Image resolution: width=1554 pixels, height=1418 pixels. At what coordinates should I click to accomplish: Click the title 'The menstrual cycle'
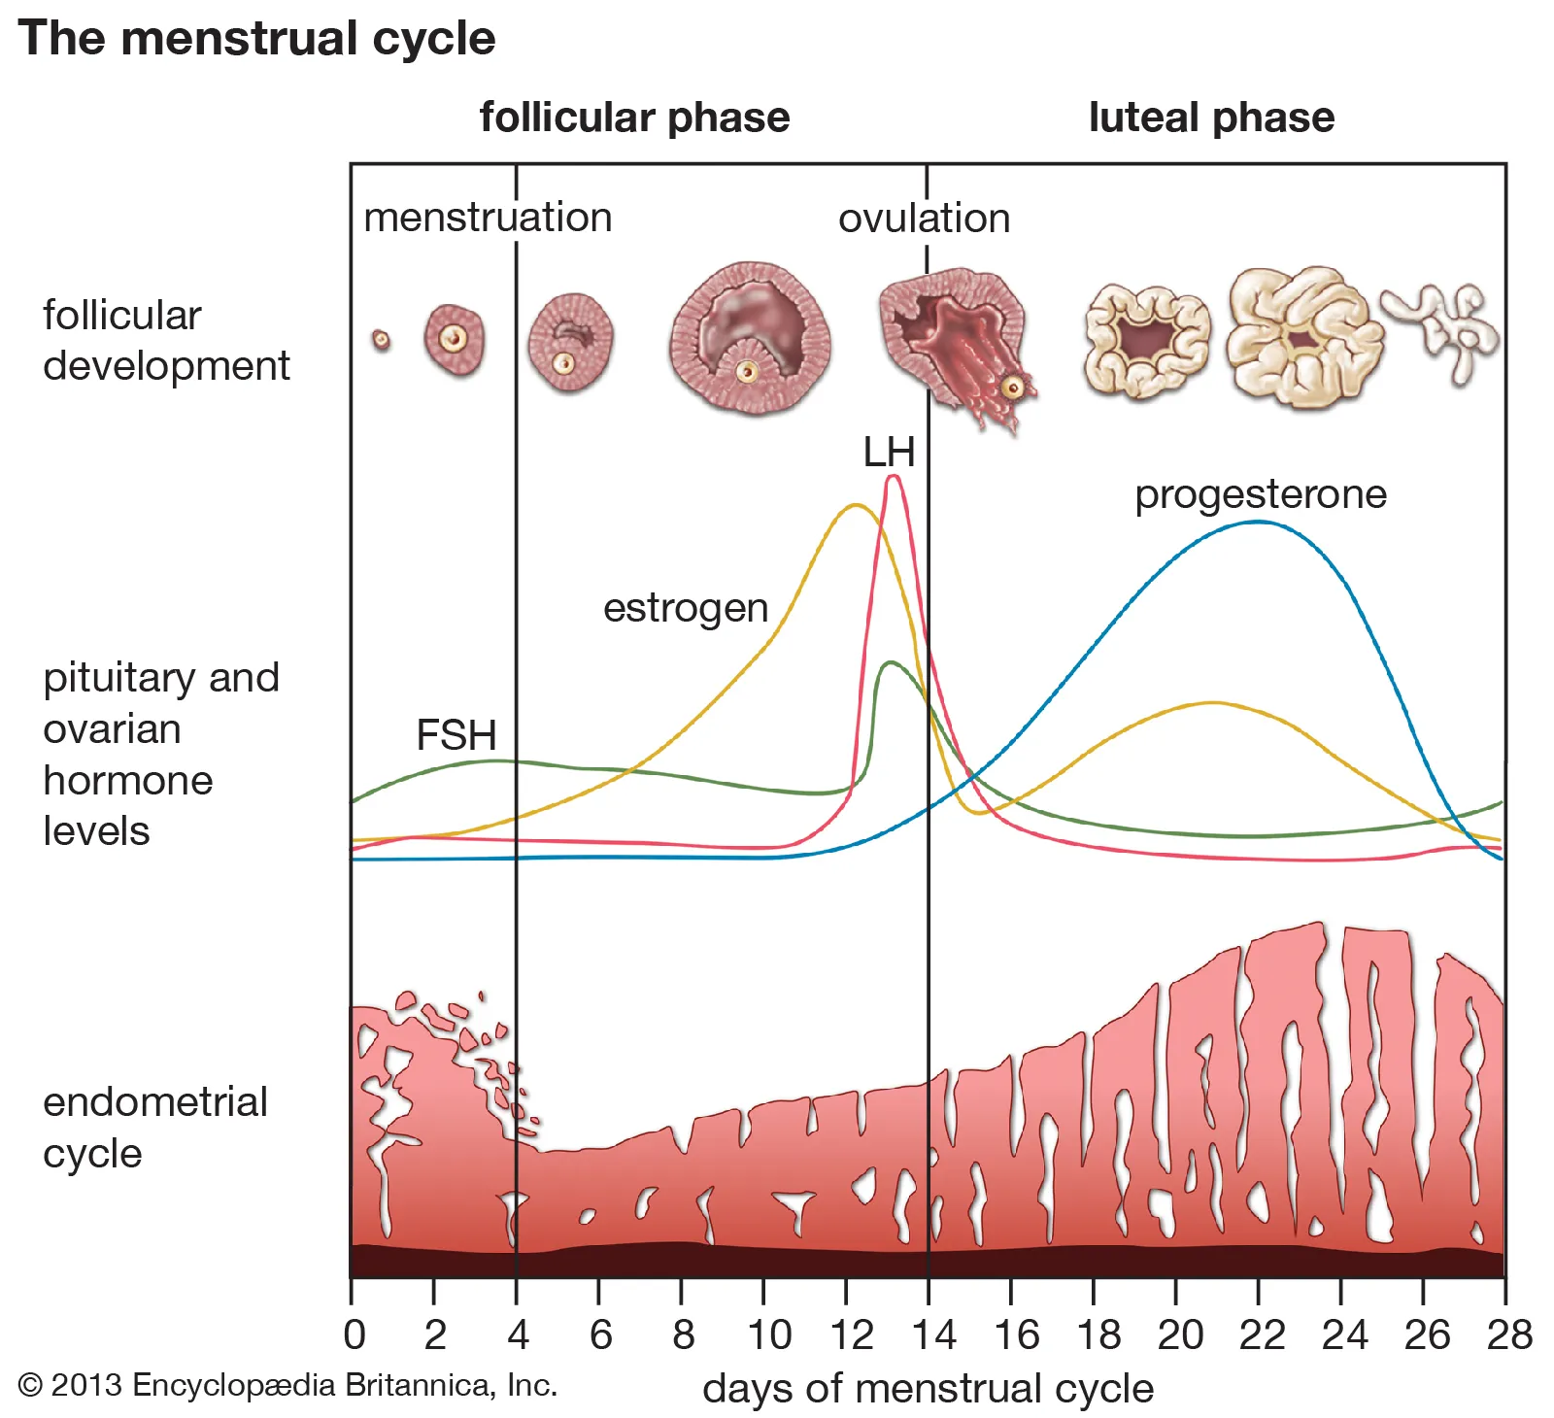point(256,39)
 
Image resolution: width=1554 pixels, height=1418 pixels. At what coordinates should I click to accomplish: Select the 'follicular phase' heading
point(634,118)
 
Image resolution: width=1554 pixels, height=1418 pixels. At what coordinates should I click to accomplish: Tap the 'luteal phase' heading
point(1211,118)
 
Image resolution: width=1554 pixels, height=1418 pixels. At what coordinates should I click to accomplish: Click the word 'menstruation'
point(488,218)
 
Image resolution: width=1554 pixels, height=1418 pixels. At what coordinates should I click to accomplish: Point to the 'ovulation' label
point(924,219)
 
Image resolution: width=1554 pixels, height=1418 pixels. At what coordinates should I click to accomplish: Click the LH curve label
point(889,453)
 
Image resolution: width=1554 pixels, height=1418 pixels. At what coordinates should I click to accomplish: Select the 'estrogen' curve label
point(686,609)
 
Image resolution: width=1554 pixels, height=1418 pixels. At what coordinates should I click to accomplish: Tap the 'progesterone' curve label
point(1261,494)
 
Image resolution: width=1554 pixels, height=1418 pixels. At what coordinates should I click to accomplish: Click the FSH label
point(456,735)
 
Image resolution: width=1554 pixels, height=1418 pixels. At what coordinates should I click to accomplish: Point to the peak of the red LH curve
point(895,477)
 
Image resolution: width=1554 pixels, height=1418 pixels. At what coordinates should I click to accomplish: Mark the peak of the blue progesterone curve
point(1258,523)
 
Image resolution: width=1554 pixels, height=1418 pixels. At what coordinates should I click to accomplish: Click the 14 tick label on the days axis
point(933,1335)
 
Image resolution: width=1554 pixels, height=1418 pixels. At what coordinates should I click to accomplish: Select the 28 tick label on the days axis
point(1509,1335)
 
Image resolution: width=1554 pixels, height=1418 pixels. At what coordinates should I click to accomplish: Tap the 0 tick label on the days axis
point(355,1335)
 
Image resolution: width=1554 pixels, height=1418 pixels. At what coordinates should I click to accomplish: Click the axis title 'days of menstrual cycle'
point(928,1389)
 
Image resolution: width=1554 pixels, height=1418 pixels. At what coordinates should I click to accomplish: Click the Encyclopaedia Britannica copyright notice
point(287,1385)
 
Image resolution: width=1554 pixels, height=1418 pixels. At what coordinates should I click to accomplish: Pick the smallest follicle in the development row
point(382,340)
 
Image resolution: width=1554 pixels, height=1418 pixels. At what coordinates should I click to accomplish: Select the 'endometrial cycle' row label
point(154,1128)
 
